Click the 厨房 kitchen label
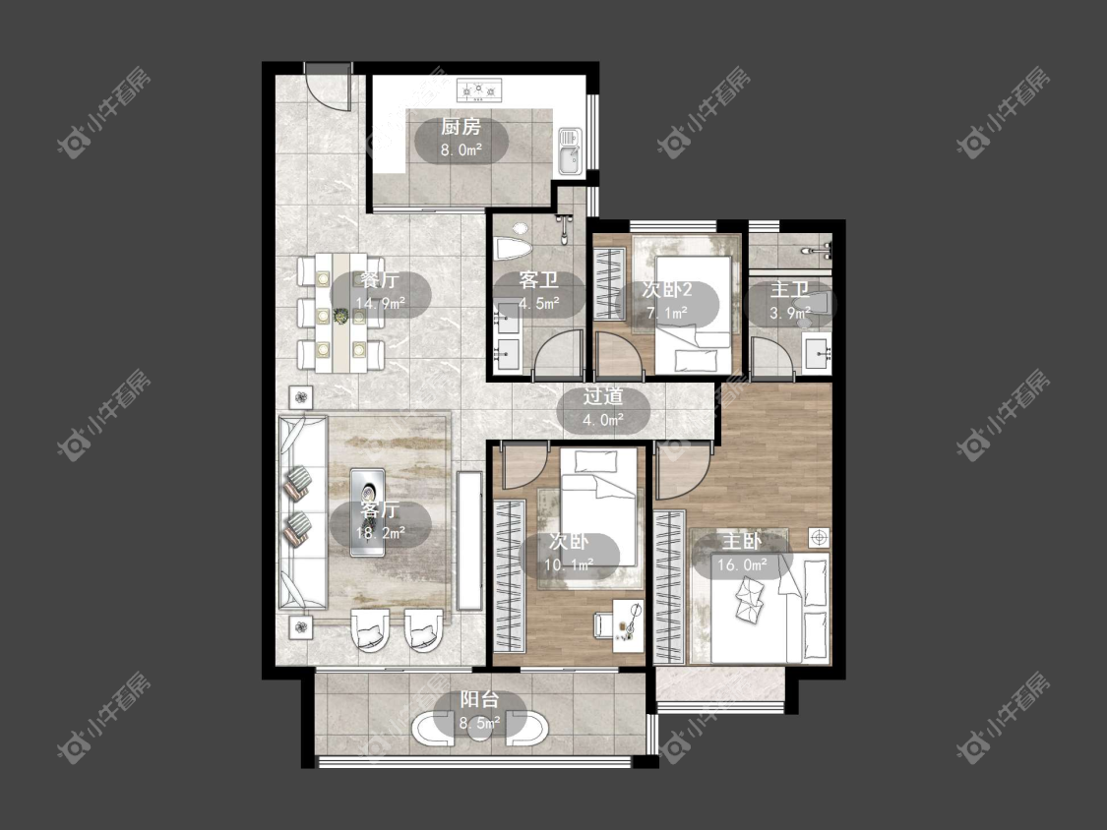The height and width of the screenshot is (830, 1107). click(x=461, y=127)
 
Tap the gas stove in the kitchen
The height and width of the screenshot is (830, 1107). click(x=479, y=89)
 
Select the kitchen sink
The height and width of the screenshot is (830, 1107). click(x=569, y=151)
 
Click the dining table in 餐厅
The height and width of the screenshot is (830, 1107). click(x=341, y=313)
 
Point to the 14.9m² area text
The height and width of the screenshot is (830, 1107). click(x=380, y=304)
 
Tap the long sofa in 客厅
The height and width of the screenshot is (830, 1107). click(x=303, y=512)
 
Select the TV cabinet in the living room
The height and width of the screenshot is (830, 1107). click(x=469, y=541)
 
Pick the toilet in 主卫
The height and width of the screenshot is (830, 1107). click(x=809, y=304)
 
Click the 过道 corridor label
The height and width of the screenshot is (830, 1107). click(x=603, y=396)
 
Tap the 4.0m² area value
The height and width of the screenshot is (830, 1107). click(x=602, y=420)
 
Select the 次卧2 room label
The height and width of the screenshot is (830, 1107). click(x=666, y=290)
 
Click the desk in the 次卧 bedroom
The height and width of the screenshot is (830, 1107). click(x=627, y=622)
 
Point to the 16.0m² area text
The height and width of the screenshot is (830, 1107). click(x=742, y=565)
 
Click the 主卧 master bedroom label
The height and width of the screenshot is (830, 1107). click(x=742, y=541)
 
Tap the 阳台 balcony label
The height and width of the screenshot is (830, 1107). click(x=479, y=699)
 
